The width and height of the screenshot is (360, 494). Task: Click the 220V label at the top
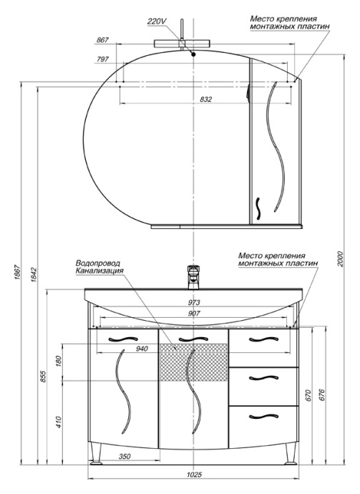point(157,21)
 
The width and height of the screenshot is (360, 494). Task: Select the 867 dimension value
point(102,40)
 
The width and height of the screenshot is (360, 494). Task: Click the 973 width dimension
point(194,302)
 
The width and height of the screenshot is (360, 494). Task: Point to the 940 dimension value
point(142,349)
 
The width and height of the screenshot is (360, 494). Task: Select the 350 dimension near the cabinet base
point(124,456)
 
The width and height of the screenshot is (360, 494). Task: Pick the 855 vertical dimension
point(44,376)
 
